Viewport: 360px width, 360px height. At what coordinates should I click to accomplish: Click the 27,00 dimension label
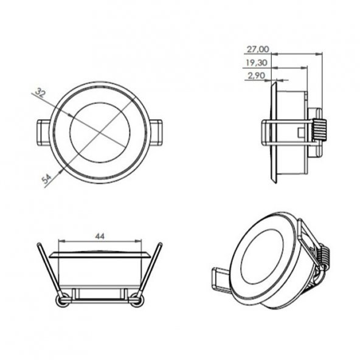(257, 49)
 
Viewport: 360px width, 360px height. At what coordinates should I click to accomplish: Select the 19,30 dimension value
(257, 63)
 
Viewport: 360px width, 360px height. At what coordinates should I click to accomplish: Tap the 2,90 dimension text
(256, 75)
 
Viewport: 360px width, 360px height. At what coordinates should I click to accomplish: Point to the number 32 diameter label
(40, 93)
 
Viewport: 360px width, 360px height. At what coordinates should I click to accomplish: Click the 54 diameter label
(47, 179)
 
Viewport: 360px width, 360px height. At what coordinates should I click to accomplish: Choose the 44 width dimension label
(100, 236)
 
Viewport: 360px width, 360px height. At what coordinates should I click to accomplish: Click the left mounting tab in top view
(44, 133)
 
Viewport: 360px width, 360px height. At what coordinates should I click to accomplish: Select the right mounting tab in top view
(156, 133)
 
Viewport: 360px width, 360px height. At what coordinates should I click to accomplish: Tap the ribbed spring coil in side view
(319, 130)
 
